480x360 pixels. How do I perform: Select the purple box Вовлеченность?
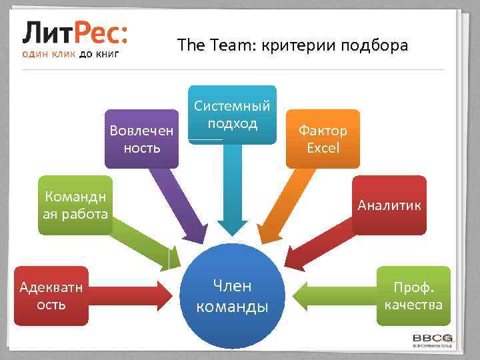[142, 138]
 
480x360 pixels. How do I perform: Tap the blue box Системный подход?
[232, 114]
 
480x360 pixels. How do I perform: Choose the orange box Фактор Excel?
[323, 138]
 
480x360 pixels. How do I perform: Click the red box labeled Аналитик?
[389, 205]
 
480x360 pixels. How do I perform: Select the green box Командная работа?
[75, 205]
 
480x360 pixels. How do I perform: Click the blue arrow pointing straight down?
[232, 193]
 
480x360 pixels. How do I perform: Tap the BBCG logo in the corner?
[433, 339]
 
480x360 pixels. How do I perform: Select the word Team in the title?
[217, 46]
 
